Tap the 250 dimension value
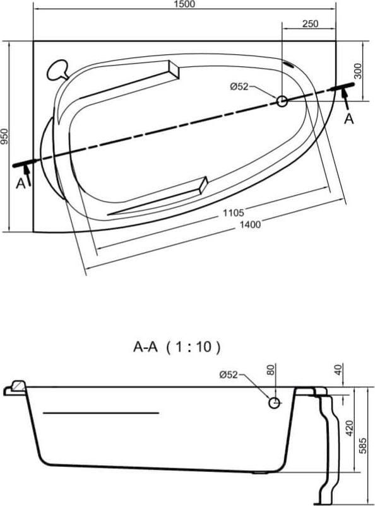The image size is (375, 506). click(311, 23)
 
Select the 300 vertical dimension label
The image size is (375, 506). click(358, 71)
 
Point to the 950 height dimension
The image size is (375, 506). click(4, 137)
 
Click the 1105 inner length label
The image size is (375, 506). click(234, 212)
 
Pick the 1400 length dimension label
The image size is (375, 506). click(250, 224)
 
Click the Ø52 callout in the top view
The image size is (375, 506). click(239, 86)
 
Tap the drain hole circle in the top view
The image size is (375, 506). click(282, 101)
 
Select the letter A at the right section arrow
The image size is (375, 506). click(349, 119)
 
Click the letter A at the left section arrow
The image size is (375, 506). click(21, 183)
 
